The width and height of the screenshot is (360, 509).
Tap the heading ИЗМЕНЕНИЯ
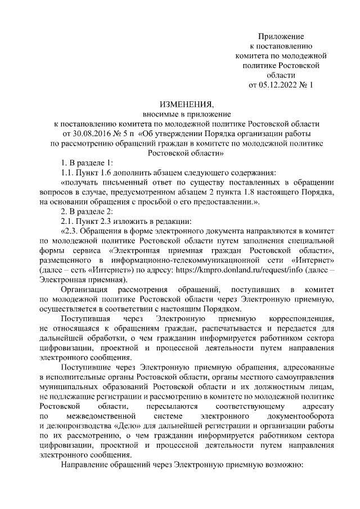(187, 105)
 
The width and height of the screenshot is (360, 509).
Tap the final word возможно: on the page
(279, 465)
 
